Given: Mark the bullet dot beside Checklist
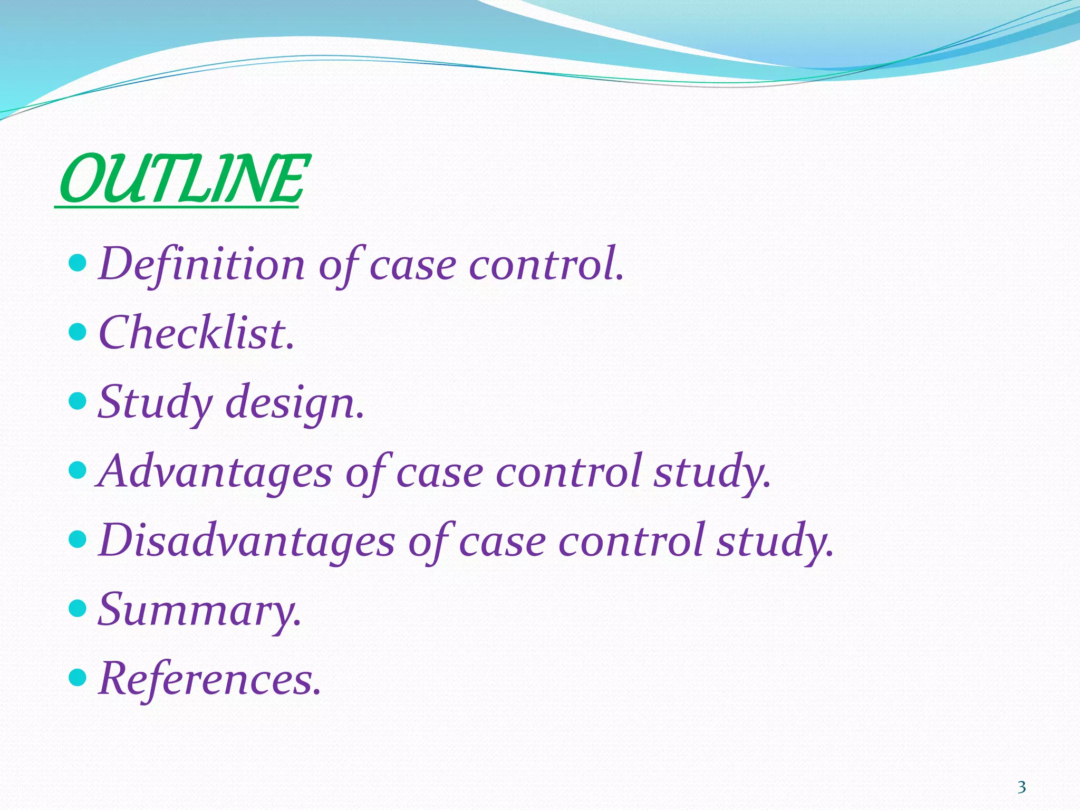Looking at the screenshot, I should pos(78,332).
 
